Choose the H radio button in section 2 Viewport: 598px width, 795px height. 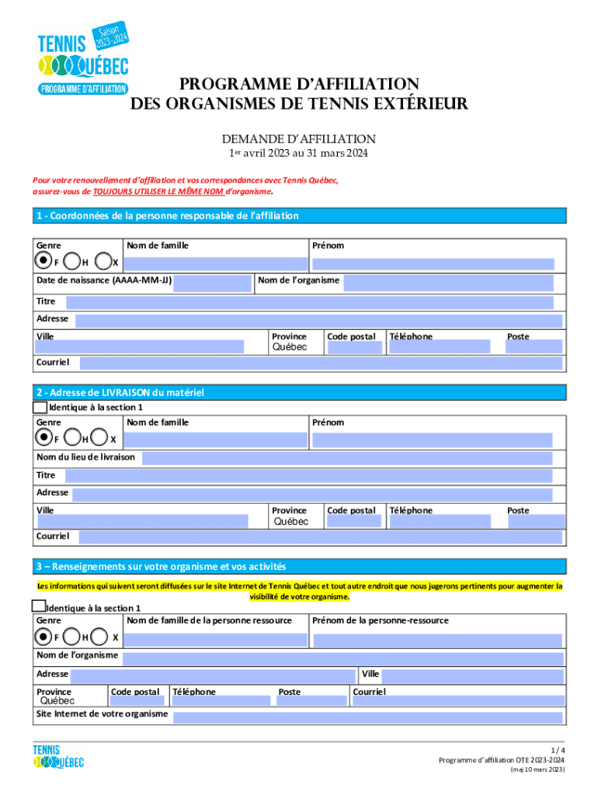click(71, 439)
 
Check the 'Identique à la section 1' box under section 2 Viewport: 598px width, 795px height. click(40, 407)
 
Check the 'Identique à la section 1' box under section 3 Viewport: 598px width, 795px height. click(38, 606)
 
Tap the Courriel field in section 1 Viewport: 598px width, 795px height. click(320, 363)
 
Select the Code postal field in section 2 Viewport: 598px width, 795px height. click(354, 522)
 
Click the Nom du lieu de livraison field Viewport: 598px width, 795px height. click(346, 458)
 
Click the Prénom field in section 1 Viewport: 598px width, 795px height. click(433, 264)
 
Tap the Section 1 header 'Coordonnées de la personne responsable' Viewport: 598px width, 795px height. click(166, 216)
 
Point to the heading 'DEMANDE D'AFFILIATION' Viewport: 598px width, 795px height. click(299, 139)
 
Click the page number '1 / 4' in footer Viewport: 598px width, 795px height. click(557, 750)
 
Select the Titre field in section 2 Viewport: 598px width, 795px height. click(307, 476)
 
